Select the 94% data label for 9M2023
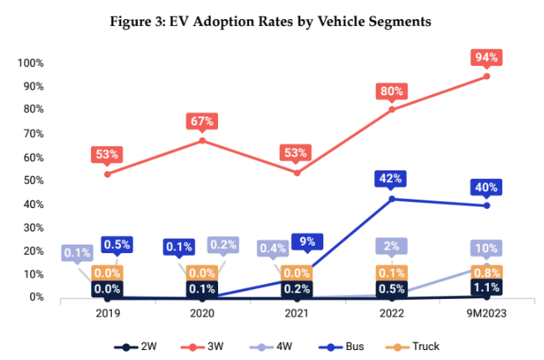click(487, 58)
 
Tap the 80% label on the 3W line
click(392, 90)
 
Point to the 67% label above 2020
click(202, 121)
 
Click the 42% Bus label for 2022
click(392, 178)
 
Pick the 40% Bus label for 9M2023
click(487, 186)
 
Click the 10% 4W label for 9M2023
click(487, 248)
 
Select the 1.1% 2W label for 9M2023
click(487, 288)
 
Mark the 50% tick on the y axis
click(33, 180)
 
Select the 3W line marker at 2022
click(392, 109)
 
